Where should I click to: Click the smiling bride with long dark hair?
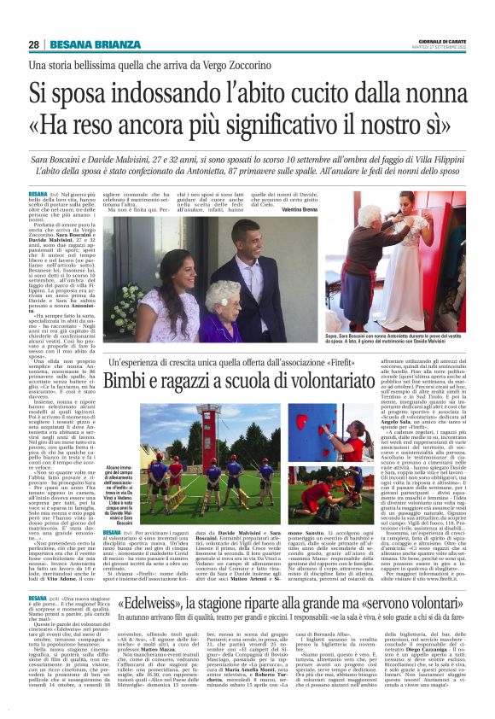tap(166, 286)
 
